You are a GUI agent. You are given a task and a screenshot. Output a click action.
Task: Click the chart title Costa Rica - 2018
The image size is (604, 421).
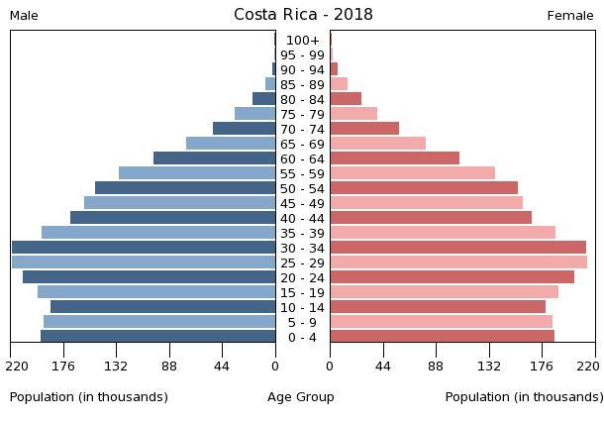click(x=303, y=15)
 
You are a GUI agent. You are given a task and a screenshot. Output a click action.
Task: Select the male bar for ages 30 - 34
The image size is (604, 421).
click(x=144, y=248)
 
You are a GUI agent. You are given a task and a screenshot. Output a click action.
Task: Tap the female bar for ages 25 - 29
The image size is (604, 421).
click(x=458, y=263)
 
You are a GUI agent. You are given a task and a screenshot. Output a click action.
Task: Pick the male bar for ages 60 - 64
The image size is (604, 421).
click(x=214, y=158)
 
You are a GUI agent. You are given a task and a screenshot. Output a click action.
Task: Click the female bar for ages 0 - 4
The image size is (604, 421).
click(x=442, y=337)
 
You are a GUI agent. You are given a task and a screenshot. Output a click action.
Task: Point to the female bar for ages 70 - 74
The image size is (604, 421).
click(x=364, y=129)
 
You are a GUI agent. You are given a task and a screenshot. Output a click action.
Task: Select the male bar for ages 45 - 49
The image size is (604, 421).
click(x=179, y=203)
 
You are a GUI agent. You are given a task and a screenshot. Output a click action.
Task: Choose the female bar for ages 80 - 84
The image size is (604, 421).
click(x=346, y=99)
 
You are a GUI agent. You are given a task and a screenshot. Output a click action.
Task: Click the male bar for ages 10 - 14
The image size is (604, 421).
click(x=162, y=307)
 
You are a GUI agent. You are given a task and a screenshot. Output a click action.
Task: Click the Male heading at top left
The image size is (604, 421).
click(x=24, y=16)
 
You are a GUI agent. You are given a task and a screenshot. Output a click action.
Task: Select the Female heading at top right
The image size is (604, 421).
click(x=570, y=16)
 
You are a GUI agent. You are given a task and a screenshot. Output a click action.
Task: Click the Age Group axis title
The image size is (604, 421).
click(x=301, y=397)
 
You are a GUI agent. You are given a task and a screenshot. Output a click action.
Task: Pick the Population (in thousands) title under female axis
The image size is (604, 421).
click(x=524, y=397)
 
